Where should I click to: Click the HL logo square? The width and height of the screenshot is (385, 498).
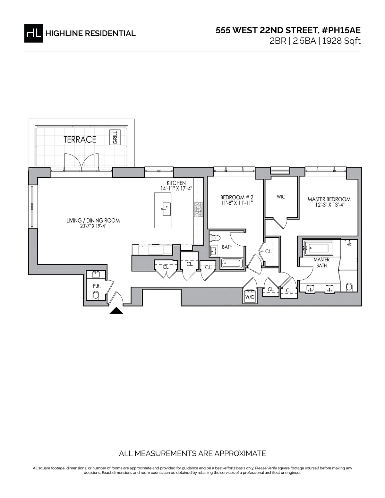(x=33, y=33)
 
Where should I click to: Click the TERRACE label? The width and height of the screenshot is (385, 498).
(x=80, y=139)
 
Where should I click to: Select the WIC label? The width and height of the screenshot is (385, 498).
(x=281, y=197)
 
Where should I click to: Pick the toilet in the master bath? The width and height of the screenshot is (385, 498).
(x=350, y=287)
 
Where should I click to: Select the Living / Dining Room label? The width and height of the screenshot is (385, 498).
(x=93, y=221)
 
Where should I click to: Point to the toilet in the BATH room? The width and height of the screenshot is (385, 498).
(x=215, y=238)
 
